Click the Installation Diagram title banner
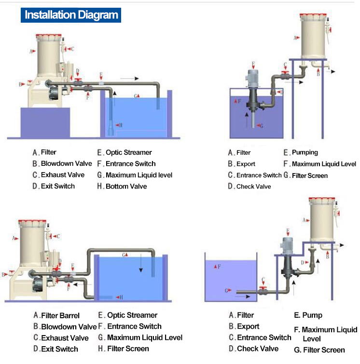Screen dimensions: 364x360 [x=71, y=15]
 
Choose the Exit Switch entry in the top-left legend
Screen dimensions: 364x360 [x=57, y=186]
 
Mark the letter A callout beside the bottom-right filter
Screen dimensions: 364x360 [x=305, y=220]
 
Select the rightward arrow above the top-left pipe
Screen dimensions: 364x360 [x=129, y=78]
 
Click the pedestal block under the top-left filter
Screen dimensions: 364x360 [x=45, y=122]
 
